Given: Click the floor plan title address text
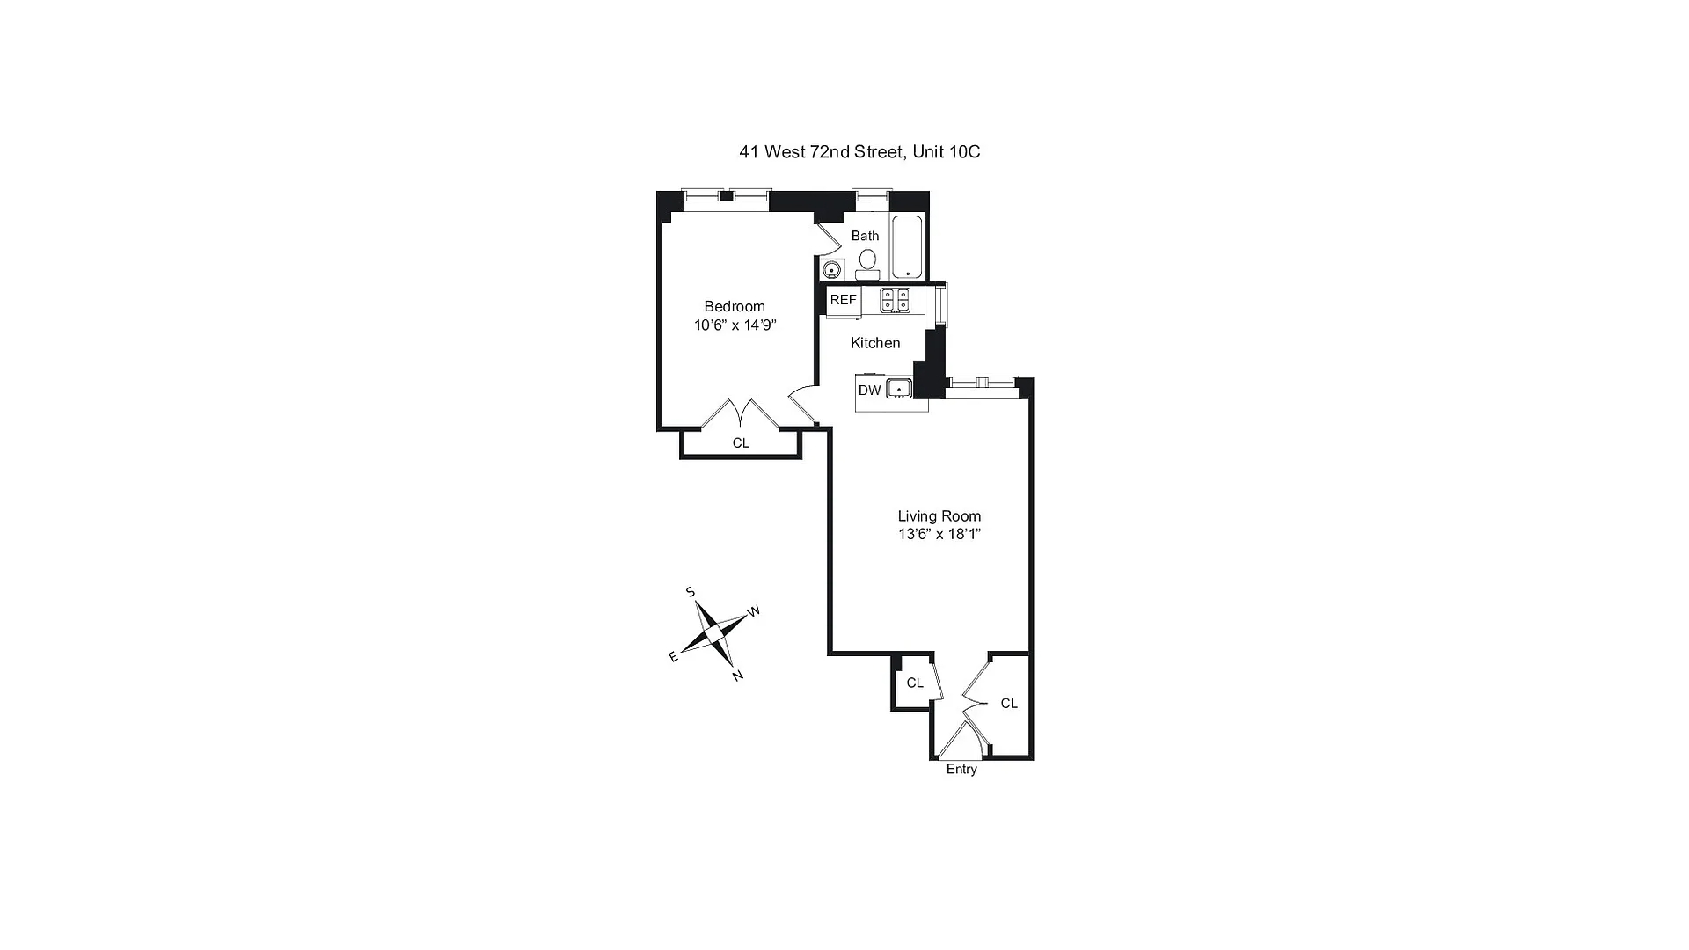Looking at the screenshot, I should click(859, 152).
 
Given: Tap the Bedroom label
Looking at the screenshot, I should click(735, 307).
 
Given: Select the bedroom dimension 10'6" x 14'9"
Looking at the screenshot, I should click(735, 325).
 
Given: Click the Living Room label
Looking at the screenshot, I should click(939, 516).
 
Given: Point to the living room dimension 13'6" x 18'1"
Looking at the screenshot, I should click(939, 535).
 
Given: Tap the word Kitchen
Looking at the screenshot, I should click(875, 343).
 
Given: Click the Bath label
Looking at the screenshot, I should click(865, 236).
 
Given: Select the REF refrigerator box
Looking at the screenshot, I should click(843, 300).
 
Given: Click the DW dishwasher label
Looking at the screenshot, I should click(869, 391).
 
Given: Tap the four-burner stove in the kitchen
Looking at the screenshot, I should click(895, 300).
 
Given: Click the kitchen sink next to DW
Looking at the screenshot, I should click(899, 389).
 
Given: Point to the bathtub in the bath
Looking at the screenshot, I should click(907, 246).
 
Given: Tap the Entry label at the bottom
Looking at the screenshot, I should click(961, 770).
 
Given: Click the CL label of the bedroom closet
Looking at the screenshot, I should click(741, 443).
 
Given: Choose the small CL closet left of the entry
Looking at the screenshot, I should click(915, 683).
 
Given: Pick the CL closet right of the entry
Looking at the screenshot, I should click(1009, 704).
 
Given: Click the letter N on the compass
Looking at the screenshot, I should click(738, 676).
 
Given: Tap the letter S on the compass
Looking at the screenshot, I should click(691, 592).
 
